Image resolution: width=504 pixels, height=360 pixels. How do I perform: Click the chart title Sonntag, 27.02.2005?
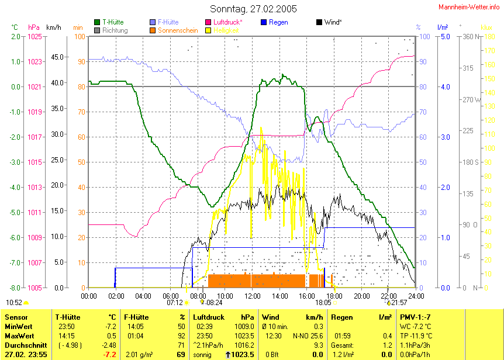253,9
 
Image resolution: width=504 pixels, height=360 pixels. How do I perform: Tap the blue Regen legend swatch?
264,22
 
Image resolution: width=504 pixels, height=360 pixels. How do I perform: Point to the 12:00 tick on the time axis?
252,296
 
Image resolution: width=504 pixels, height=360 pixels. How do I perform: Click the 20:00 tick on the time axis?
361,296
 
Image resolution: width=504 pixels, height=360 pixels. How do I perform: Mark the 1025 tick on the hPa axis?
34,36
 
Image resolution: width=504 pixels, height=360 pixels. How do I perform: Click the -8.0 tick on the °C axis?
15,288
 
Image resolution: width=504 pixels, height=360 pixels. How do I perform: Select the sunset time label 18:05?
323,303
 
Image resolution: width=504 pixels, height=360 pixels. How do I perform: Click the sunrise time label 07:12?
175,303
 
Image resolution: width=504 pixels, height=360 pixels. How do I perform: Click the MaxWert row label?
20,335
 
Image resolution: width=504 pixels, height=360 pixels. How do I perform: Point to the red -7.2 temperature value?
109,355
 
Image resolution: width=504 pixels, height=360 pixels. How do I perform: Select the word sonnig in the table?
202,355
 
